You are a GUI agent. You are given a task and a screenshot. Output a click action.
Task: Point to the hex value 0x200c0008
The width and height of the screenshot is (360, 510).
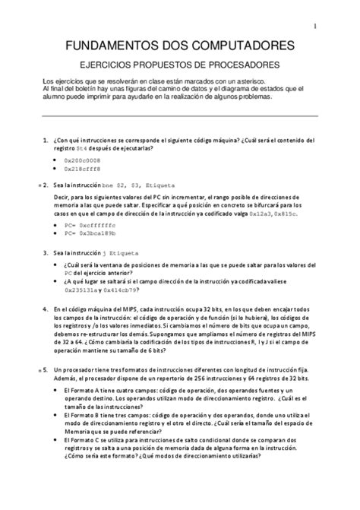click(82, 161)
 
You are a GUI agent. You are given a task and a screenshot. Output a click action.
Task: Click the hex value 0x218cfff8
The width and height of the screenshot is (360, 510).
click(82, 169)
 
